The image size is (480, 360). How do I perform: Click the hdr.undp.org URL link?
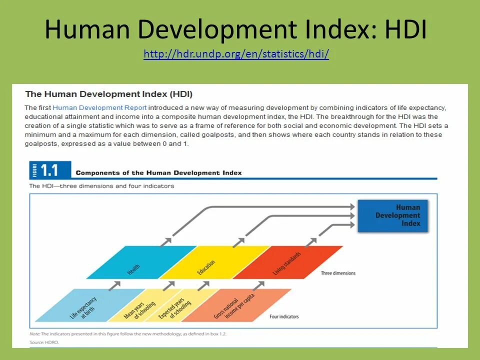[x=236, y=54]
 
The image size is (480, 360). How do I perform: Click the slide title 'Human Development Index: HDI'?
[x=235, y=30]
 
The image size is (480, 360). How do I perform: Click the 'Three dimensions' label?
[x=338, y=273]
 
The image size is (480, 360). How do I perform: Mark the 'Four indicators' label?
[x=284, y=316]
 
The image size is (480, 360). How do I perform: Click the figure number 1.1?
[x=50, y=170]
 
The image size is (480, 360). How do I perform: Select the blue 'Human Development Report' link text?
[x=99, y=107]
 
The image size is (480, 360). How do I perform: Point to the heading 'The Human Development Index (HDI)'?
[x=108, y=94]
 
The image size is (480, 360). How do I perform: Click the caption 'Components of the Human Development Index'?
[x=158, y=173]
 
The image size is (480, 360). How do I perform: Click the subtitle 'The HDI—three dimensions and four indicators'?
[x=101, y=186]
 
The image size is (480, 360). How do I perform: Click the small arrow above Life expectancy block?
[x=114, y=284]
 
